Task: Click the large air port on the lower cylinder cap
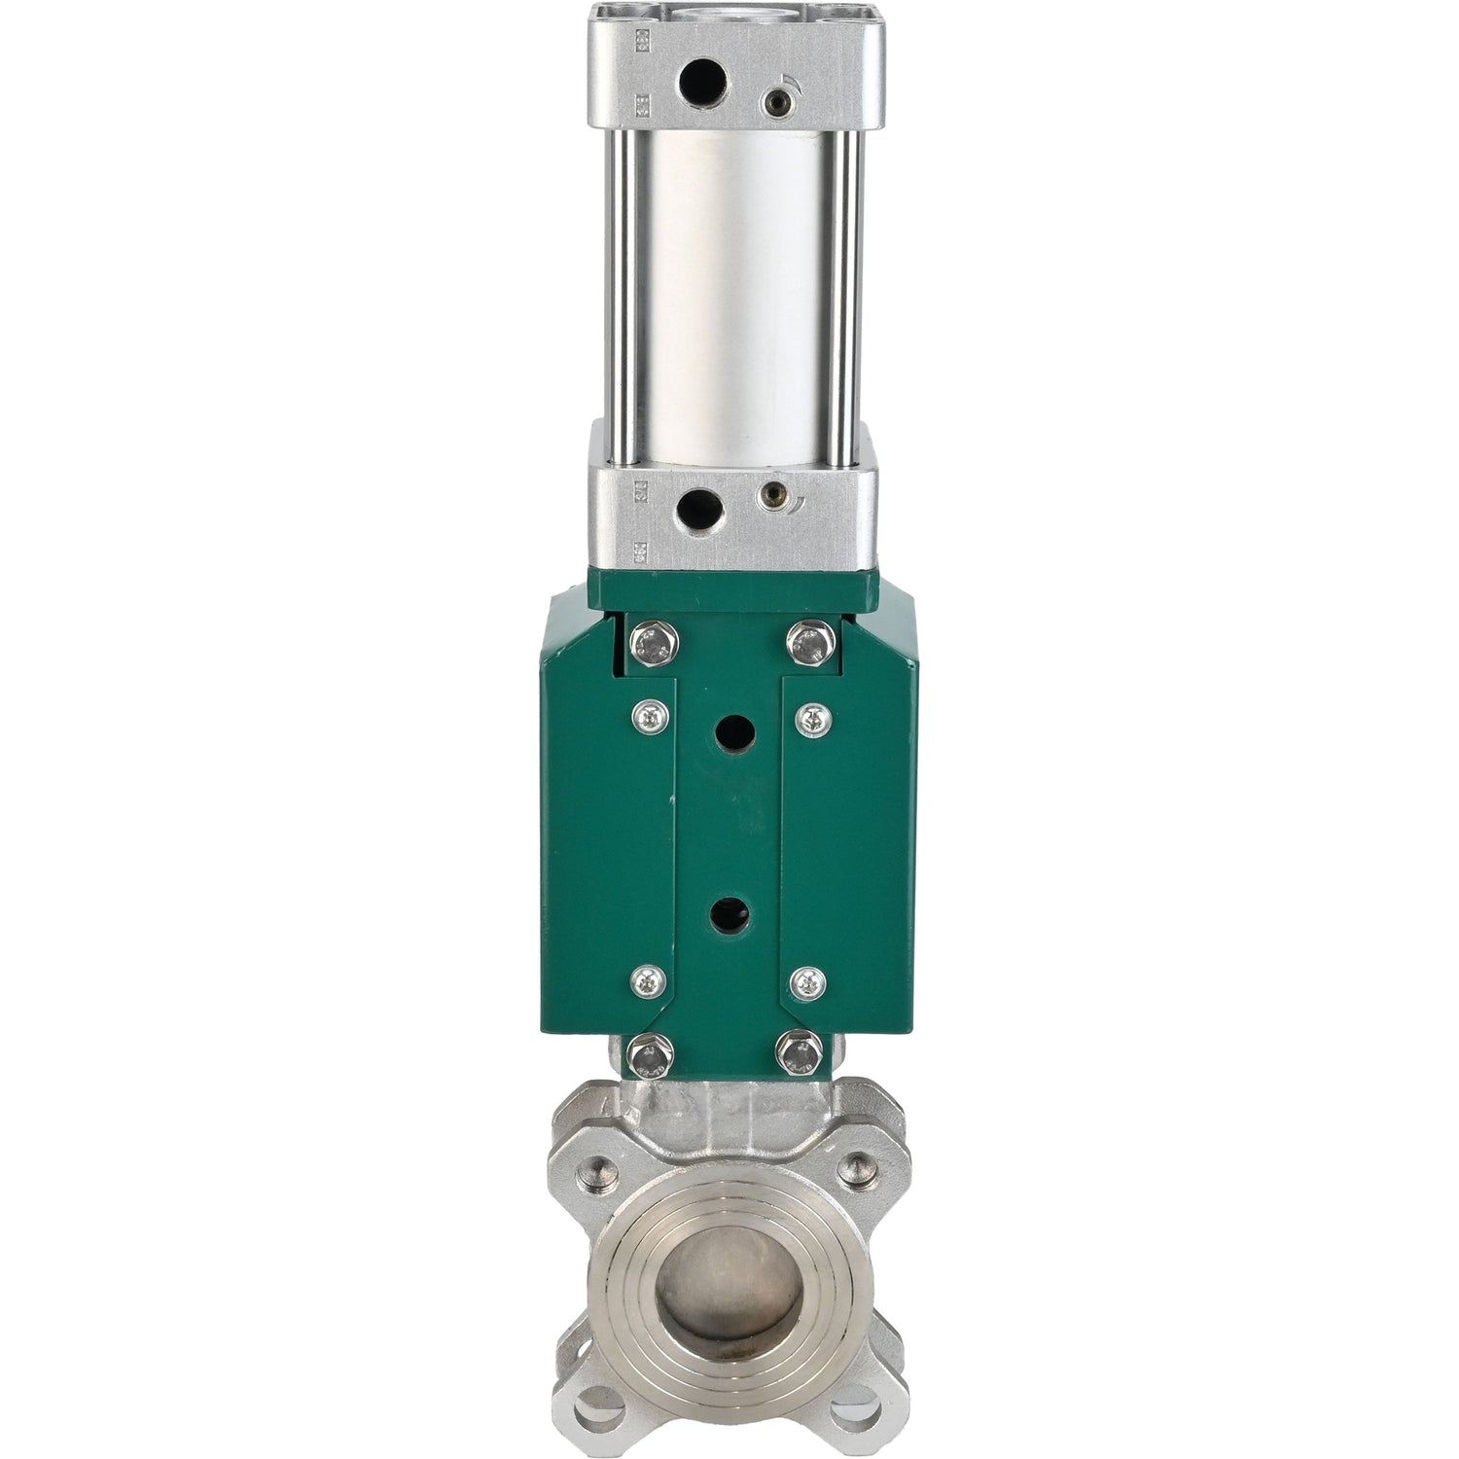(701, 506)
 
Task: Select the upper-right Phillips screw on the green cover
(807, 718)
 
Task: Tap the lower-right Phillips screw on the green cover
(806, 982)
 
